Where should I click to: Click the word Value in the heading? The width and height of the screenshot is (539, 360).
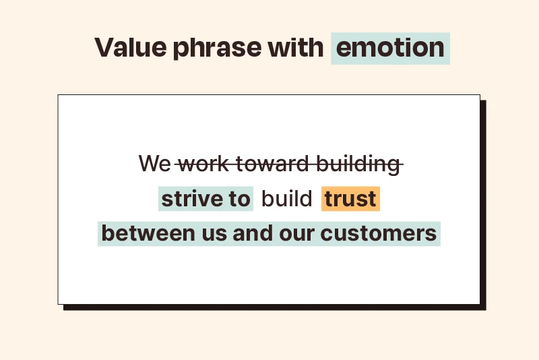pos(131,47)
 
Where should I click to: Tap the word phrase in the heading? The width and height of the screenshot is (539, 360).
pos(217,49)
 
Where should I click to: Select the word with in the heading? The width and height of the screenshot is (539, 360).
pos(296,47)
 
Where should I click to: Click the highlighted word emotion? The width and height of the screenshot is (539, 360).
pos(390,47)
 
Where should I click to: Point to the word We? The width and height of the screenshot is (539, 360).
pos(155,163)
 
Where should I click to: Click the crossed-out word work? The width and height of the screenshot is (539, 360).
pos(203,163)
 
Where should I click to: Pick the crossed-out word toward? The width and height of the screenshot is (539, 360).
pos(273,163)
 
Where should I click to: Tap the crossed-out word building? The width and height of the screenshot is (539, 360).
pos(358,164)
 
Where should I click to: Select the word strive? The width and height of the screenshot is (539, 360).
pos(191,198)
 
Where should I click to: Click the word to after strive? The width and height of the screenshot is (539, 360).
pos(239,199)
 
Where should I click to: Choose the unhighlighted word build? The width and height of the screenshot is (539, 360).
pos(287,198)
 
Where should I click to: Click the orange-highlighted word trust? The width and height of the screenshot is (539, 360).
pos(350,199)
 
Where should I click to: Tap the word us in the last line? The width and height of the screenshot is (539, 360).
pos(214,235)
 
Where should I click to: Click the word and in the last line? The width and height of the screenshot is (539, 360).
pos(253,233)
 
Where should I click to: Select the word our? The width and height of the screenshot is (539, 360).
pos(296,235)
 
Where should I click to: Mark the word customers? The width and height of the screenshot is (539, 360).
pos(379,233)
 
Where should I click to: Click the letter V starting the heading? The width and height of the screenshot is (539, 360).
pos(104,47)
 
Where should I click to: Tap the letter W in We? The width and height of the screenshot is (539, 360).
pos(149,163)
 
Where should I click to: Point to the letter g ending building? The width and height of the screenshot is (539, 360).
pos(395,167)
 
